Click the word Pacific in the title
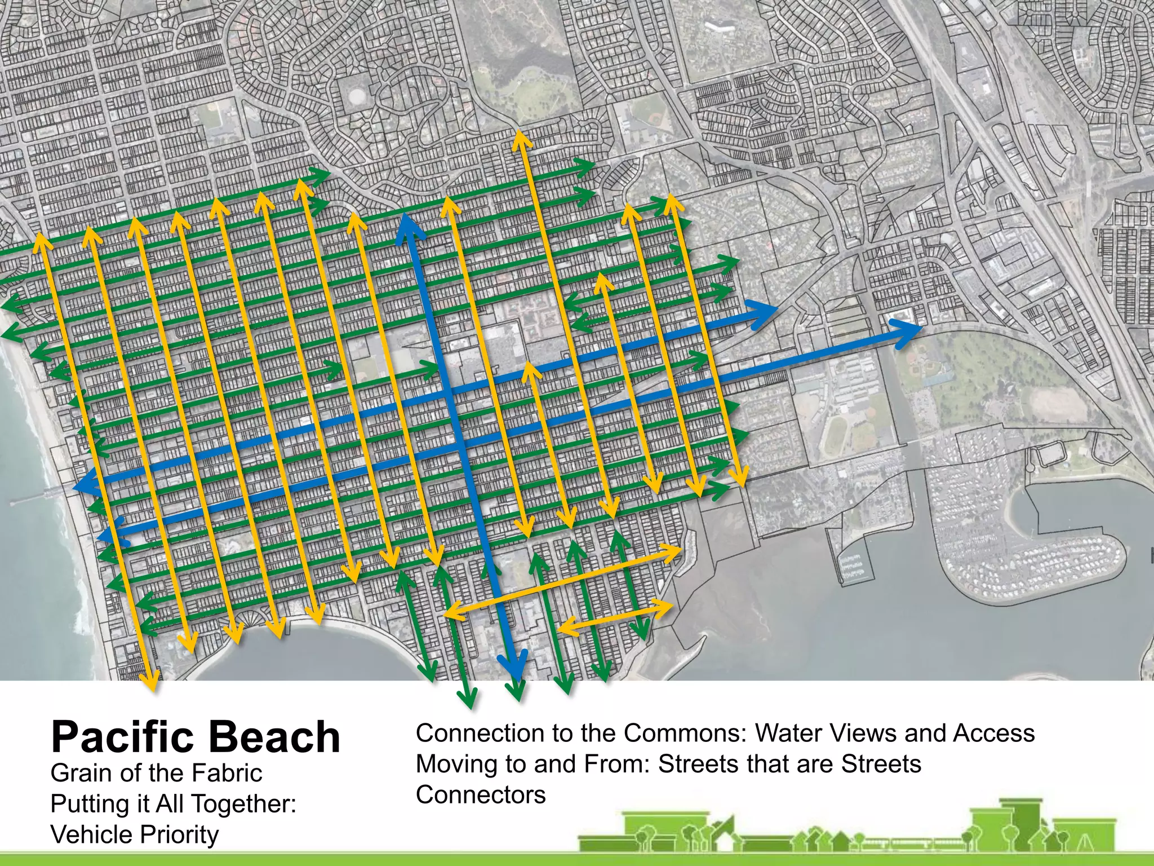tap(125, 736)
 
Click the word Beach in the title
tap(276, 736)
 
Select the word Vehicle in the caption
tap(85, 834)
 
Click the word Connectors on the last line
tap(481, 794)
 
